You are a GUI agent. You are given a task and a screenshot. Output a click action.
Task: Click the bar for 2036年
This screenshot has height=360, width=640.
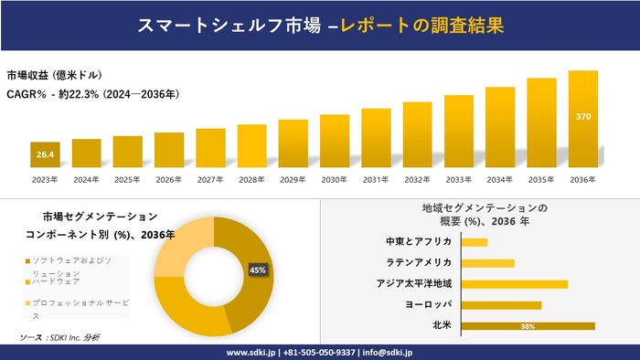pos(582,120)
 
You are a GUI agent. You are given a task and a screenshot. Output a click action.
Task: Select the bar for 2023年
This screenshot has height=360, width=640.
pos(45,155)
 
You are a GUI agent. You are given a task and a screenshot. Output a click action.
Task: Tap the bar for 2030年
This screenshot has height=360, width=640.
pos(335,142)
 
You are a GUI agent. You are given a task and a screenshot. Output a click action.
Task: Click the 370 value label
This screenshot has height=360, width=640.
pos(583,117)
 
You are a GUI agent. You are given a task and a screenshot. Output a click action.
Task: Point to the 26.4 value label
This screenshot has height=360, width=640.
pos(45,155)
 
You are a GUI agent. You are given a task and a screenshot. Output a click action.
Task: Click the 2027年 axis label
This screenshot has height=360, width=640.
pos(210,179)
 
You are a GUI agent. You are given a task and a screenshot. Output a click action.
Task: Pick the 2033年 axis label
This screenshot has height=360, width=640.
pos(459,179)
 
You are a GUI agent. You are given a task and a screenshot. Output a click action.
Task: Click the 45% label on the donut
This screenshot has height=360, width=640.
pos(258,270)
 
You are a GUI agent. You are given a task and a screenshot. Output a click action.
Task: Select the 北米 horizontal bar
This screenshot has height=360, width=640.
pos(528,325)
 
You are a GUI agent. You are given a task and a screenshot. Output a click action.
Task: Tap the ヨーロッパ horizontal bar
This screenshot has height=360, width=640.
pos(502,304)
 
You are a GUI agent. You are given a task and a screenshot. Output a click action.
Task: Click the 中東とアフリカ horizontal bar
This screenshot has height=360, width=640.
pos(475,242)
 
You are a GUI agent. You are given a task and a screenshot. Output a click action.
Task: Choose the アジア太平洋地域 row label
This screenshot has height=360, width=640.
pos(414,283)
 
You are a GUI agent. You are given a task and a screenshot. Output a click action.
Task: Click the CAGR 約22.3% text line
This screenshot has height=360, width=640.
pos(92,93)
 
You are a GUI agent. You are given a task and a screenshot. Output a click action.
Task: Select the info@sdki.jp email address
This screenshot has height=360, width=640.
pos(389,352)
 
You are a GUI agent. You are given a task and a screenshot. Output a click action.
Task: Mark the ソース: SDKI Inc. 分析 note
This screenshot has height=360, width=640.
pos(60,338)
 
